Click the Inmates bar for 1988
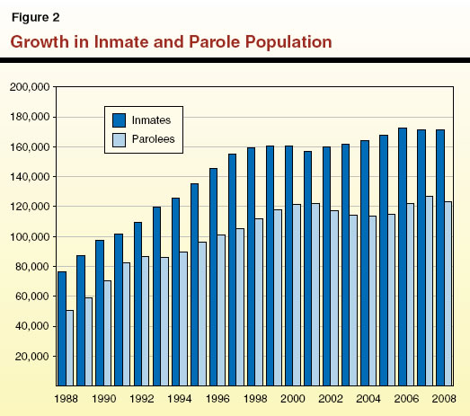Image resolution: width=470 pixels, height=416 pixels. click(x=62, y=328)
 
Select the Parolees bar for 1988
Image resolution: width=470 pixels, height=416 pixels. click(x=70, y=348)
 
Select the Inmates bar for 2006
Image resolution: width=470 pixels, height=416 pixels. click(x=402, y=257)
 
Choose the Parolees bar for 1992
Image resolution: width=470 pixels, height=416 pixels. click(x=146, y=321)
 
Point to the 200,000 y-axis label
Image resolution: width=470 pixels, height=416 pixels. click(x=30, y=87)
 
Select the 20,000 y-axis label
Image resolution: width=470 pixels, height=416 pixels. click(x=32, y=357)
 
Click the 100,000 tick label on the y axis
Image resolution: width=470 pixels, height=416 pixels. click(x=30, y=237)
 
